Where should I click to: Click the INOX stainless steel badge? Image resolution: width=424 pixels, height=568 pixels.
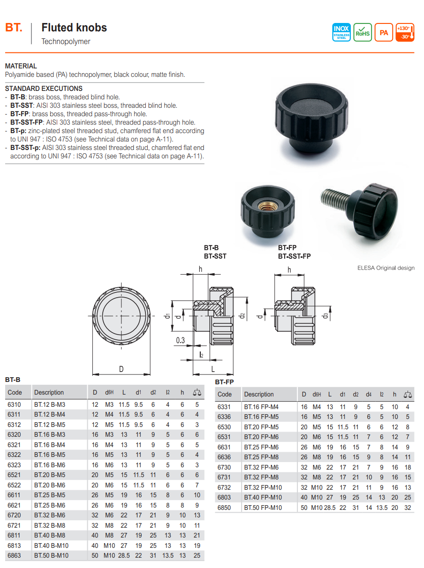tap(341, 32)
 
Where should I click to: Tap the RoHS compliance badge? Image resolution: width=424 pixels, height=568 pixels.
tap(363, 32)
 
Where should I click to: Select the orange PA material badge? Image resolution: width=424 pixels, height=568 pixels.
tap(384, 32)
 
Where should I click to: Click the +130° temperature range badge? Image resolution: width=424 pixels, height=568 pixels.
tap(405, 32)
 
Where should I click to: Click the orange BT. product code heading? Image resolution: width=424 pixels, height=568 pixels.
tap(14, 28)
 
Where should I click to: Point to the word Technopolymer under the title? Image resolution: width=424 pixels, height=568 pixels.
tap(66, 42)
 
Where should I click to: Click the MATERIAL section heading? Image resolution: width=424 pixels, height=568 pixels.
tap(21, 66)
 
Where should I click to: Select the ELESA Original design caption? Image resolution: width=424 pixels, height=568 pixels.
tap(386, 268)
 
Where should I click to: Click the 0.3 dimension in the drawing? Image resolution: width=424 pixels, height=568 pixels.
tap(181, 341)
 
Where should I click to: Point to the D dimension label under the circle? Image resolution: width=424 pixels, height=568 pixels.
tap(121, 369)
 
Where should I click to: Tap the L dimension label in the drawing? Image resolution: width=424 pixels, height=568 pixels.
tap(213, 369)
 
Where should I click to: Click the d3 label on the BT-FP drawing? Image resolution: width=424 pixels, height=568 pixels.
tap(325, 315)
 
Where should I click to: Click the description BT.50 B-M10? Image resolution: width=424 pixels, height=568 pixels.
tap(51, 555)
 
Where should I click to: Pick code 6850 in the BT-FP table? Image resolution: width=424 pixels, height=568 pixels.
tap(224, 508)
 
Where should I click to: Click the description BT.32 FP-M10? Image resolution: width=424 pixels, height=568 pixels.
tap(263, 487)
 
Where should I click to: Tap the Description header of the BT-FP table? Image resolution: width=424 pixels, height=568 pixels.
tap(258, 395)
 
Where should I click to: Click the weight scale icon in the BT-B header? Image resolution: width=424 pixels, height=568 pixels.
tap(197, 392)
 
